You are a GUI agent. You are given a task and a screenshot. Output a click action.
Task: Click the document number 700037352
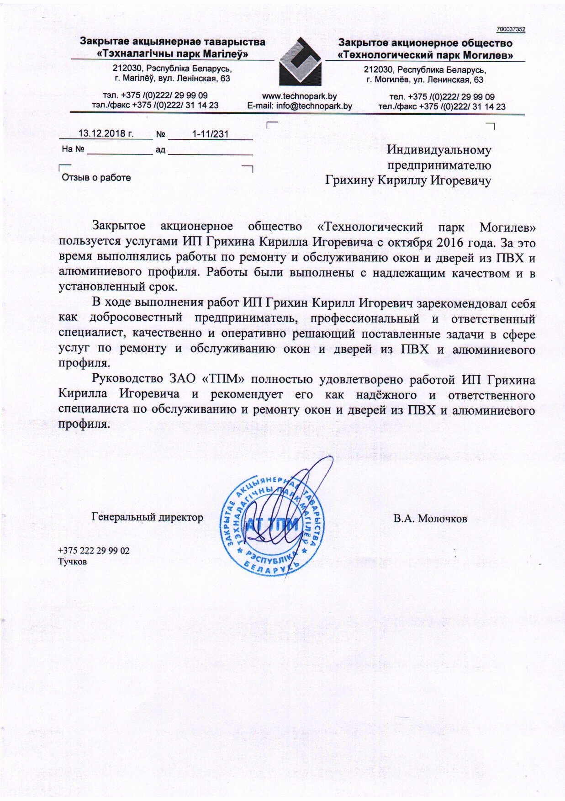(x=511, y=29)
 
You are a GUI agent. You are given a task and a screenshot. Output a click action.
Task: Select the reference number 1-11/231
(x=210, y=134)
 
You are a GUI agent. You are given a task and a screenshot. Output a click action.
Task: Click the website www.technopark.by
(x=299, y=96)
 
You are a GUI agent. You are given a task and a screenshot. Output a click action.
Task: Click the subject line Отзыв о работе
(x=96, y=178)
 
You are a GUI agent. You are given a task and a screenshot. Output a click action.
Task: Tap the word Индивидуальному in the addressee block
(x=439, y=150)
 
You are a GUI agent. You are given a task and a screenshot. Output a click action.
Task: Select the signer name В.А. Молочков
(x=430, y=519)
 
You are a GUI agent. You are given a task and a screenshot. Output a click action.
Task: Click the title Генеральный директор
(x=148, y=517)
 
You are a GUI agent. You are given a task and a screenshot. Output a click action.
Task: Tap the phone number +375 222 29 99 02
(x=94, y=551)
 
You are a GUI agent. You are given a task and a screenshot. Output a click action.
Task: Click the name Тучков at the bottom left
(x=73, y=562)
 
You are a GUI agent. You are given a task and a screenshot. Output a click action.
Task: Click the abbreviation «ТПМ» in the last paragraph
(x=222, y=379)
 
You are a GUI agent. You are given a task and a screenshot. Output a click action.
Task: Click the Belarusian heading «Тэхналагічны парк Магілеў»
(x=174, y=54)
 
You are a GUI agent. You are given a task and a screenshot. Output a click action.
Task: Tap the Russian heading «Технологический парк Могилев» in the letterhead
(x=425, y=55)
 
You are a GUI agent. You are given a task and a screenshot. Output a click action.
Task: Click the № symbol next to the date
(x=160, y=134)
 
